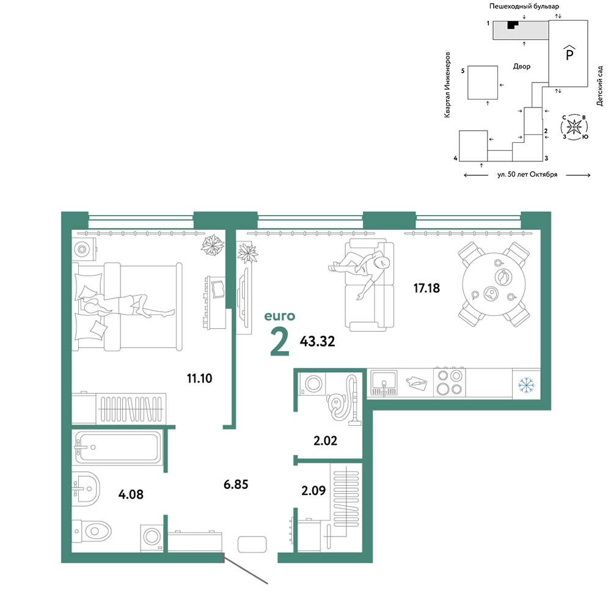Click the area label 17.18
coord(426,288)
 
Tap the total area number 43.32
coord(317,342)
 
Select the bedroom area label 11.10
coord(200,378)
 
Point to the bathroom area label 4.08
coord(131,494)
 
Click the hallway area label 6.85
coord(236,485)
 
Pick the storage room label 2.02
coord(326,441)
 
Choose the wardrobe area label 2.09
coord(313,490)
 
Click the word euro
coord(280,316)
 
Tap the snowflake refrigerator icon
coord(527,385)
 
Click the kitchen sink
coord(384,382)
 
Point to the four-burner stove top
coord(449,382)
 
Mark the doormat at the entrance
coord(252,544)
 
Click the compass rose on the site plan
coord(574,127)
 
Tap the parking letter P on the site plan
coord(569,53)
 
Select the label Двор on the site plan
coord(521,67)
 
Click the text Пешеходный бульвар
coord(524,6)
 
